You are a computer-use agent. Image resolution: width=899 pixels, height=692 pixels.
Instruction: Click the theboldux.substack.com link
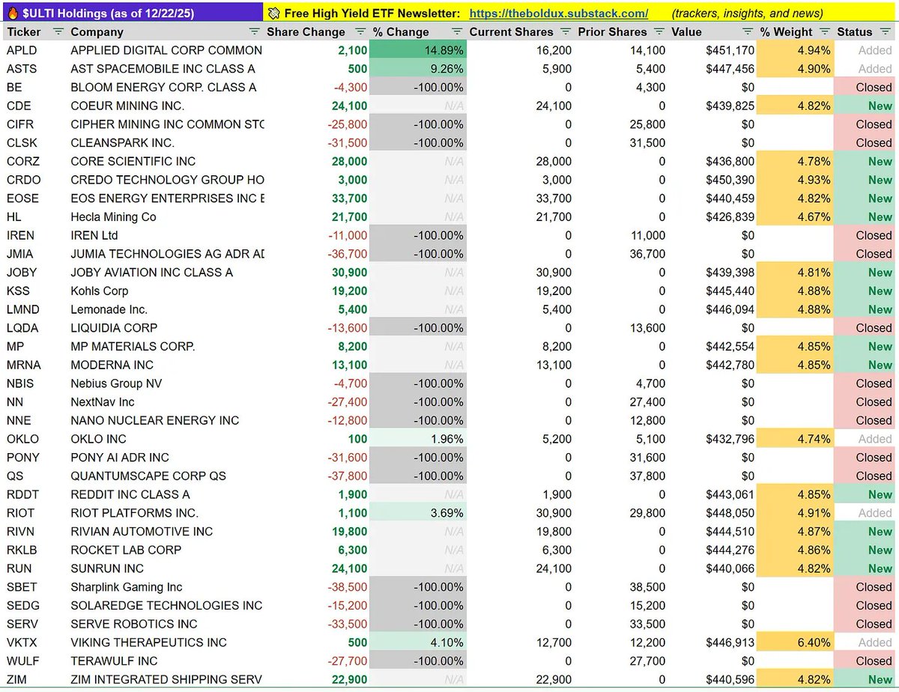[x=559, y=13]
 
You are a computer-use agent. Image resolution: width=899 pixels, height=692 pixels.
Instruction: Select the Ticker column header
[x=23, y=32]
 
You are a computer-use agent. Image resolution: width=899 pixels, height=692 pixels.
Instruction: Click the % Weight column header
[x=786, y=32]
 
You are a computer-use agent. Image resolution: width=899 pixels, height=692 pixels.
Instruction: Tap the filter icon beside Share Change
[x=360, y=32]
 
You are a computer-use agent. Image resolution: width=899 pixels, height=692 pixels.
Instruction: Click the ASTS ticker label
[x=21, y=69]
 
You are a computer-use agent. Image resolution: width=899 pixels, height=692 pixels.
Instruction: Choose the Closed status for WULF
[x=874, y=661]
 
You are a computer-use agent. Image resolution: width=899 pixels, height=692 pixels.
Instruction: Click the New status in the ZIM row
[x=880, y=680]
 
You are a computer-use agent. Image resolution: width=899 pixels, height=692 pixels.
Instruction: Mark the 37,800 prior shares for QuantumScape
[x=645, y=476]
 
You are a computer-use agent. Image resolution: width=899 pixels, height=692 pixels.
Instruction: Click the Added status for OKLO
[x=874, y=439]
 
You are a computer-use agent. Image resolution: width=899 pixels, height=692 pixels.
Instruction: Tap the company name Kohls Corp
[x=100, y=291]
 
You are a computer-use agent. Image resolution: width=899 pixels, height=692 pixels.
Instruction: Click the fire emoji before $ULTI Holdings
[x=13, y=13]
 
